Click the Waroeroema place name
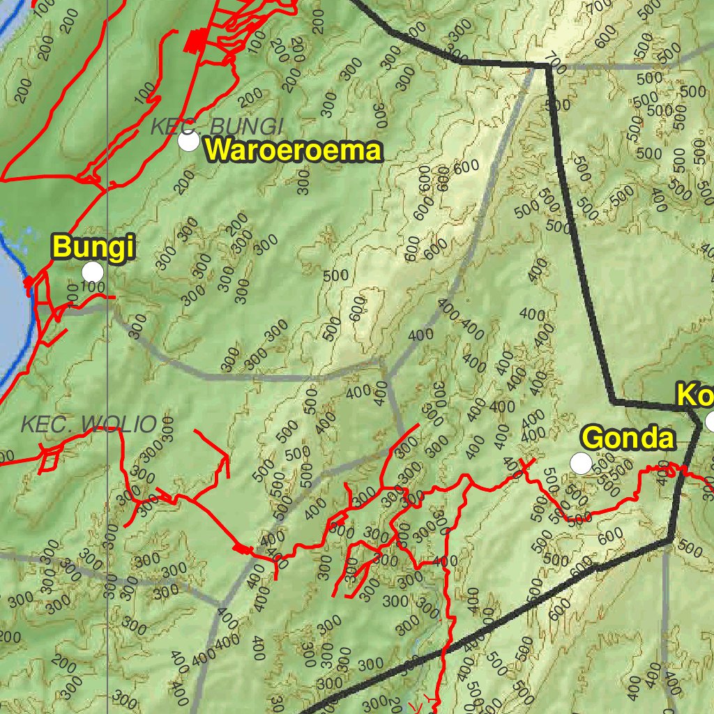pos(294,151)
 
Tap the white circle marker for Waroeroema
pos(188,142)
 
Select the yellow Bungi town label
pos(93,248)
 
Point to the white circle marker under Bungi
pos(92,272)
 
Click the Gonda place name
pos(628,439)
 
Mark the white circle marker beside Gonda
pos(581,462)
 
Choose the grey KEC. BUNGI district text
pos(217,126)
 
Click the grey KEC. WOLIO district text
pos(89,423)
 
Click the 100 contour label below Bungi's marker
pos(92,287)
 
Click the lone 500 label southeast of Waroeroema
pos(336,275)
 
